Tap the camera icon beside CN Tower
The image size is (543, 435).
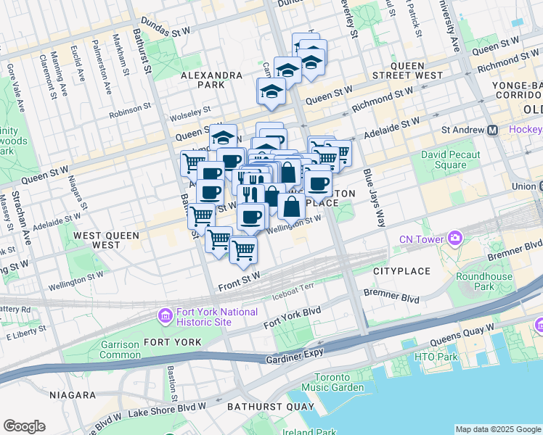tap(455, 238)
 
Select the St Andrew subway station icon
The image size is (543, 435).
tap(492, 130)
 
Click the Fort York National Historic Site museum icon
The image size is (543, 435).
tap(164, 316)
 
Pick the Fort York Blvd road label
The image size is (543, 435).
tap(292, 317)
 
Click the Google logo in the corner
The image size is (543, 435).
tap(24, 426)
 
